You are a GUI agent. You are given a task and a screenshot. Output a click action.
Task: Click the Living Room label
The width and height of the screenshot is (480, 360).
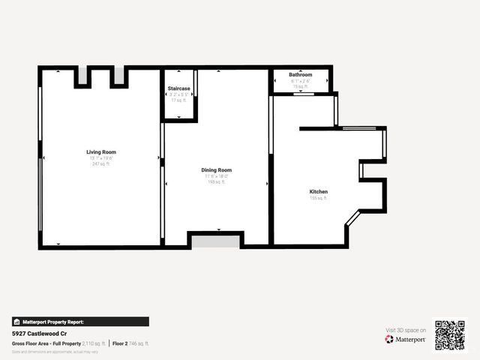click(101, 152)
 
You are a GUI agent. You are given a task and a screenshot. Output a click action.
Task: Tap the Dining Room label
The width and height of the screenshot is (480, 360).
click(216, 170)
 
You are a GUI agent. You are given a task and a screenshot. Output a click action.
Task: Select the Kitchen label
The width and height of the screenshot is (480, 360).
click(319, 192)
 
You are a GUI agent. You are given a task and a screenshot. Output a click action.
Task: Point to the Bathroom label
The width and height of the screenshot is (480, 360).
click(301, 75)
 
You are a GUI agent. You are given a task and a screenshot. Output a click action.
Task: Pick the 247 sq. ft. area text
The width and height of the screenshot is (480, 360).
click(101, 163)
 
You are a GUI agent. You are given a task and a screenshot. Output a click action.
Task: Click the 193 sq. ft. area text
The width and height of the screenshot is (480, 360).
click(216, 181)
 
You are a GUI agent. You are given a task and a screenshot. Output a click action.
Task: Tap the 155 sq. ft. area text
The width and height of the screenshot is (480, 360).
click(319, 198)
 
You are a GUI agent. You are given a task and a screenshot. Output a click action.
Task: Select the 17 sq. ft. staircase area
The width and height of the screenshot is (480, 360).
click(178, 100)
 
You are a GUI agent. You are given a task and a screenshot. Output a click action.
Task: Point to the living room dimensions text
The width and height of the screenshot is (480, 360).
click(101, 158)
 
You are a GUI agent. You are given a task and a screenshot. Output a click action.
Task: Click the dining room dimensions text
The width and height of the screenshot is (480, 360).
click(216, 176)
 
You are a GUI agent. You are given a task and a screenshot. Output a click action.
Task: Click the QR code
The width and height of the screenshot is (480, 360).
click(451, 335)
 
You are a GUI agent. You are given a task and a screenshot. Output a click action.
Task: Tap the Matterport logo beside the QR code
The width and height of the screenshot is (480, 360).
click(406, 339)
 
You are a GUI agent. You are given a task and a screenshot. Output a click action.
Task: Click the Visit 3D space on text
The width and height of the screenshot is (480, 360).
click(406, 330)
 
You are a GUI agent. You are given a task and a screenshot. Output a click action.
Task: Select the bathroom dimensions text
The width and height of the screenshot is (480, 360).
click(301, 81)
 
